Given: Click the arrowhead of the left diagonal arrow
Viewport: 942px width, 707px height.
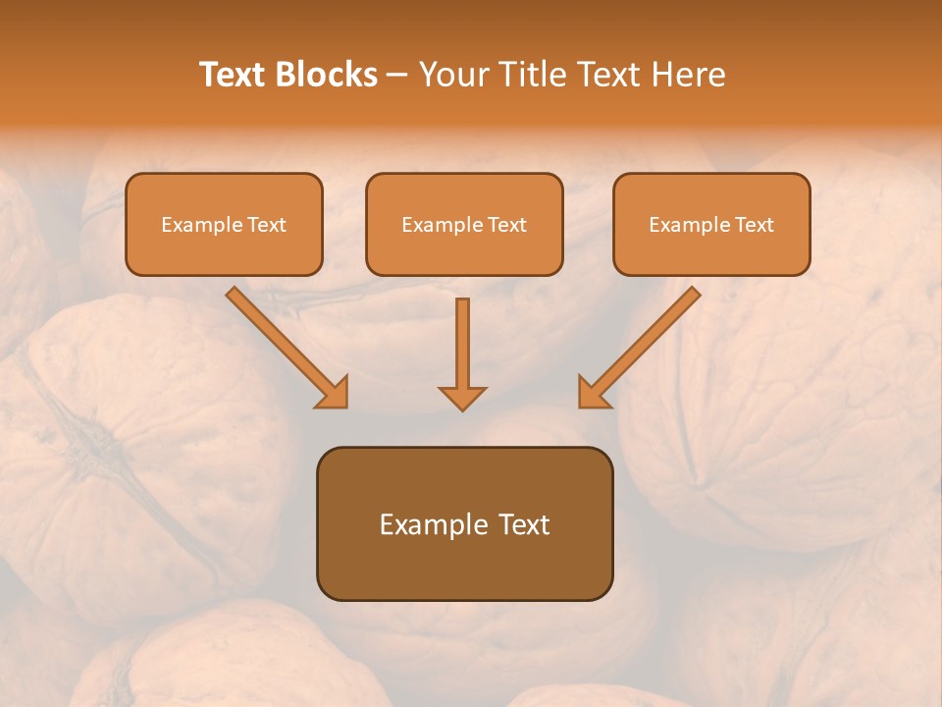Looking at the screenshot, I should coord(334,393).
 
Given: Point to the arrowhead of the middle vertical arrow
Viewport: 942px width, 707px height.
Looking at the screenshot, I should coord(462,397).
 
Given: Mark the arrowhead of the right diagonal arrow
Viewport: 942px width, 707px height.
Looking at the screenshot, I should coord(593,393).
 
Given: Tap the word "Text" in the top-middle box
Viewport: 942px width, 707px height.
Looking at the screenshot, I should coord(506,225).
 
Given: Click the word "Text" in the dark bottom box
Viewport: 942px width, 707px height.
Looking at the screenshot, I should coord(525,524).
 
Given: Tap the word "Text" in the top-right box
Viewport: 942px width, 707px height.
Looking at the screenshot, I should coord(754,225).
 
